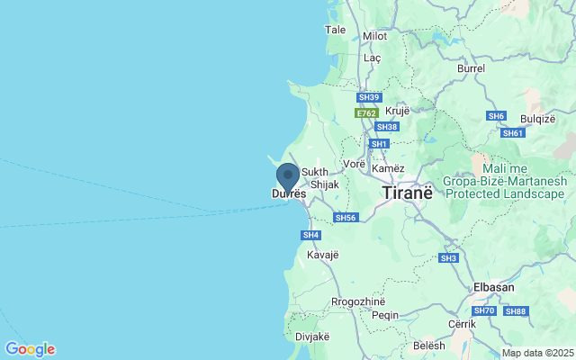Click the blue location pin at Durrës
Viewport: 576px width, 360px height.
pyautogui.click(x=288, y=177)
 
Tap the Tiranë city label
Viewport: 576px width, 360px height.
pyautogui.click(x=408, y=193)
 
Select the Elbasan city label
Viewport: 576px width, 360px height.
pyautogui.click(x=494, y=288)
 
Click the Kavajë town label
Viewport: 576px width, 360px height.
pyautogui.click(x=322, y=255)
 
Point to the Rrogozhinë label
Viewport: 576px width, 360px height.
pyautogui.click(x=358, y=301)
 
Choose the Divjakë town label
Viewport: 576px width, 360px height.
pyautogui.click(x=310, y=337)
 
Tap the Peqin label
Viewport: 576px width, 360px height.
pyautogui.click(x=384, y=315)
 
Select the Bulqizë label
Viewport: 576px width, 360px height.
pyautogui.click(x=536, y=117)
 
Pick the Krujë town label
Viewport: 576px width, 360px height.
pyautogui.click(x=397, y=111)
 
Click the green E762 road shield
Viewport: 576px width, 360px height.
pyautogui.click(x=365, y=114)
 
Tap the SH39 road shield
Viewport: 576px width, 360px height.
pyautogui.click(x=369, y=97)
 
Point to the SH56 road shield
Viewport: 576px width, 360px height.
pyautogui.click(x=346, y=218)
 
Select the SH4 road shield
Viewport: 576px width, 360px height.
pyautogui.click(x=310, y=235)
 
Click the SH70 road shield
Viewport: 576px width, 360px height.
pyautogui.click(x=484, y=311)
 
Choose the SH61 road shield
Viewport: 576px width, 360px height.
pyautogui.click(x=513, y=133)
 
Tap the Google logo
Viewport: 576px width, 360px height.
pyautogui.click(x=30, y=349)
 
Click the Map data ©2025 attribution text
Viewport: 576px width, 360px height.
pyautogui.click(x=536, y=353)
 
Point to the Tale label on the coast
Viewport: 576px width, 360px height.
pyautogui.click(x=335, y=30)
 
